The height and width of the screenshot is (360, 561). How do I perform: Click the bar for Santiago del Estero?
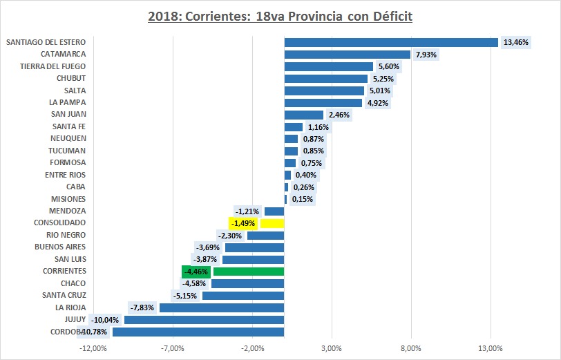pyautogui.click(x=391, y=42)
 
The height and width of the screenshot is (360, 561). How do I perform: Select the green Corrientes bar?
pyautogui.click(x=249, y=272)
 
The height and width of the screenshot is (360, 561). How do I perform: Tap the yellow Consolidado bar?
pyautogui.click(x=272, y=223)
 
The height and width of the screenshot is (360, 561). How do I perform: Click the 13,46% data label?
pyautogui.click(x=516, y=42)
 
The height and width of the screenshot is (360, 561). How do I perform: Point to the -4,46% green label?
pyautogui.click(x=195, y=272)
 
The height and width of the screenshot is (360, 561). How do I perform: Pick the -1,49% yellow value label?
pyautogui.click(x=243, y=223)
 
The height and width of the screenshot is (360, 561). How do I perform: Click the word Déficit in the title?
pyautogui.click(x=389, y=15)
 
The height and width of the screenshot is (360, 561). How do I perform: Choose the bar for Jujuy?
pyautogui.click(x=205, y=320)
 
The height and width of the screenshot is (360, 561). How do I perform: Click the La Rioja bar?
pyautogui.click(x=222, y=307)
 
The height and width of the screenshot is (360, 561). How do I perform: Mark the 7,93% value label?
pyautogui.click(x=426, y=54)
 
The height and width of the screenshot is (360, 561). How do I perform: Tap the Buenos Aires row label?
pyautogui.click(x=60, y=247)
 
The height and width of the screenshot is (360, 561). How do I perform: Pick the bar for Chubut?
pyautogui.click(x=326, y=78)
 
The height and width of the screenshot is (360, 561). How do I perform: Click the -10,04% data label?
pyautogui.click(x=106, y=320)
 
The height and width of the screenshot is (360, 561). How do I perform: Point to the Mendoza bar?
pyautogui.click(x=274, y=211)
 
